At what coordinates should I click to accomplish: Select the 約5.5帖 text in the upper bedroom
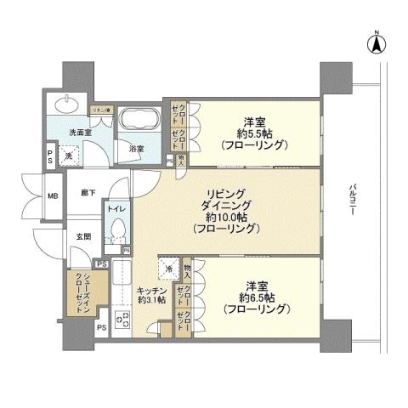point(252,133)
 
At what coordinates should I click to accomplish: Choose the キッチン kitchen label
point(150,291)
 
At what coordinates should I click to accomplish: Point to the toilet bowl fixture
point(117,229)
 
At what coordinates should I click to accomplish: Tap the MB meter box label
point(51,195)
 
